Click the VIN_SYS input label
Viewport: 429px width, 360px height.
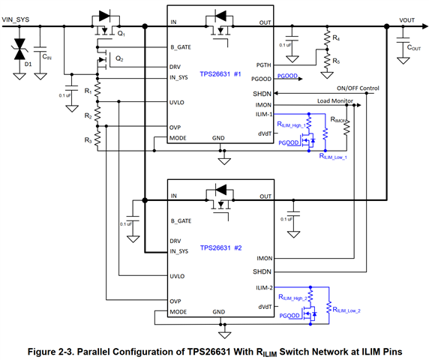(16, 19)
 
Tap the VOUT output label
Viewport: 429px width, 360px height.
(406, 20)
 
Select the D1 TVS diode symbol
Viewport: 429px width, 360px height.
(19, 49)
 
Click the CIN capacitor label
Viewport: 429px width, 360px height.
(46, 57)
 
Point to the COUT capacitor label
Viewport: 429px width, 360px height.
(414, 47)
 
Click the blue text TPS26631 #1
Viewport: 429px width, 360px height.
(220, 74)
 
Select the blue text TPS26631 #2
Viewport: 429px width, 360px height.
(220, 247)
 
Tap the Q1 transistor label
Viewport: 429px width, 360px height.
(121, 34)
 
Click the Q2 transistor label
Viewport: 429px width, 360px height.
(119, 58)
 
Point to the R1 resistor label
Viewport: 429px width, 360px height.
(88, 91)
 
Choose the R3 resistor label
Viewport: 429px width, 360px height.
(88, 140)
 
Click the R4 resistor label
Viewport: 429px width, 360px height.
(336, 38)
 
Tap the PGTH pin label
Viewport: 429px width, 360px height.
(263, 65)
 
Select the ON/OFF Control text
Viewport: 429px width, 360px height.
(358, 88)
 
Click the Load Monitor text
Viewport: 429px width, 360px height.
(335, 100)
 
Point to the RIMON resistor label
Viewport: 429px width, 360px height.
(339, 119)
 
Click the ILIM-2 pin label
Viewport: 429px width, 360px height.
(264, 288)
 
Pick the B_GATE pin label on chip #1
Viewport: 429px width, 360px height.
(181, 47)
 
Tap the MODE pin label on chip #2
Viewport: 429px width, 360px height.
(178, 312)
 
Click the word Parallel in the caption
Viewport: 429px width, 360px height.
(93, 352)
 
